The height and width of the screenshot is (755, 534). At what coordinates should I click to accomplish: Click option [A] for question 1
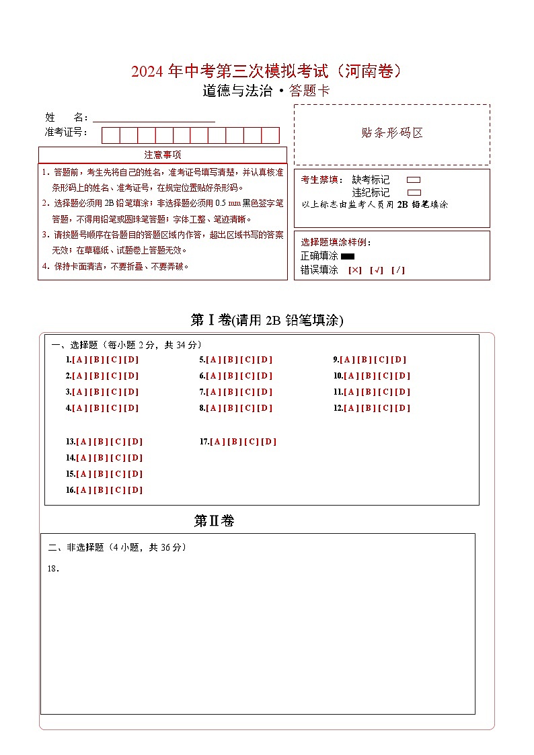click(x=78, y=360)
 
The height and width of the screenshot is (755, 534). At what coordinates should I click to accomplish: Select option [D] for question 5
click(x=265, y=360)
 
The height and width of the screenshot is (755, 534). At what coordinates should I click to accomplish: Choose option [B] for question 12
click(x=369, y=408)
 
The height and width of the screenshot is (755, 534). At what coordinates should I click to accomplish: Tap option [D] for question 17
click(x=269, y=442)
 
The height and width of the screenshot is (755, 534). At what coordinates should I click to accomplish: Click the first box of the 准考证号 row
click(x=110, y=135)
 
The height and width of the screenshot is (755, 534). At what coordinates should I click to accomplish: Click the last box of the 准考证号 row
click(x=270, y=135)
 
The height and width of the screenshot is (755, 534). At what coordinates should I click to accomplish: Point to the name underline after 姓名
click(x=154, y=119)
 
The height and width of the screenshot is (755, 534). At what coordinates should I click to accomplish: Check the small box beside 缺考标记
click(x=414, y=180)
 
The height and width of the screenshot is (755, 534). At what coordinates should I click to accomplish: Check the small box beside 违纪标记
click(x=414, y=192)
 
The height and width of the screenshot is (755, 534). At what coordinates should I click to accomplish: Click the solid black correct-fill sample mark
click(x=348, y=256)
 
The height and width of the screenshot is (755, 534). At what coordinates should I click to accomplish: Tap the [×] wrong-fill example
click(x=354, y=270)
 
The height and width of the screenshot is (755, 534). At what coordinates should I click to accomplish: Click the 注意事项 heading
click(x=162, y=155)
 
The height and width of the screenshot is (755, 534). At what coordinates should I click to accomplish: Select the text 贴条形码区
click(x=392, y=133)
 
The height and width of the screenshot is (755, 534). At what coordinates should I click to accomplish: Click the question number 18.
click(x=53, y=569)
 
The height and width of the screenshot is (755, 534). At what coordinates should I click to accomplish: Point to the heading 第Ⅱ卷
click(x=214, y=521)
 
